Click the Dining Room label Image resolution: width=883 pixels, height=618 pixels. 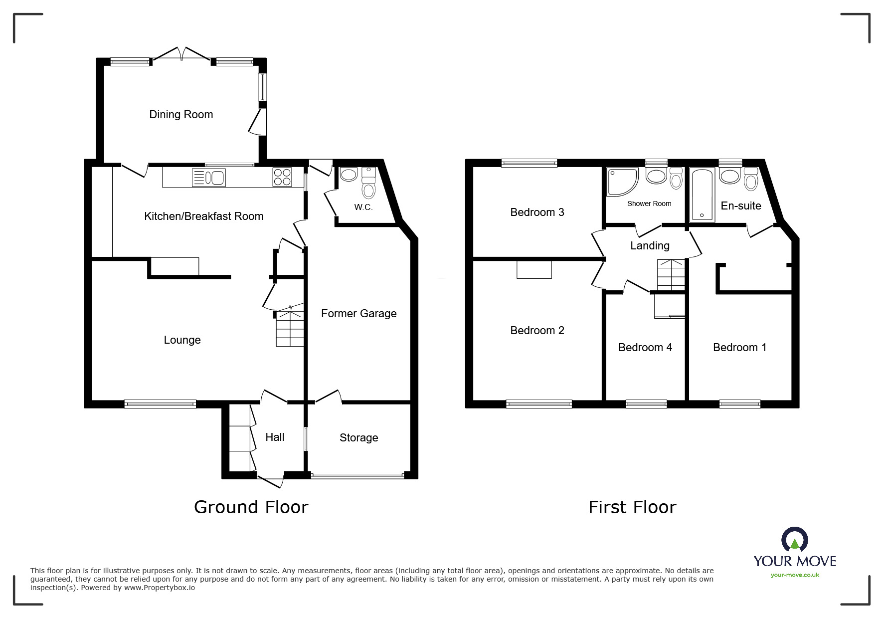181,115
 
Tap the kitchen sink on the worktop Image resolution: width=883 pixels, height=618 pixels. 209,178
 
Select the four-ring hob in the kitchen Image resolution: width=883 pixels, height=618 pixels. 282,178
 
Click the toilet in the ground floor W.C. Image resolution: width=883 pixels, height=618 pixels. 368,188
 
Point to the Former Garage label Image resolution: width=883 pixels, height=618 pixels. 358,314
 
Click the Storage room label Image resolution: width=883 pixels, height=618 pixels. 358,438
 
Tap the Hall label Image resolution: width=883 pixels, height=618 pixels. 275,437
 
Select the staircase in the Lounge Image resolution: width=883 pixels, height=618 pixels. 290,329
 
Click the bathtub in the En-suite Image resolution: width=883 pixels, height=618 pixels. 702,195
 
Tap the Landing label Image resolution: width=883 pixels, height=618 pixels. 650,246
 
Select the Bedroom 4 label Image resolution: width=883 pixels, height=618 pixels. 645,348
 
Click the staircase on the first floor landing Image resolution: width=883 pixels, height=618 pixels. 671,275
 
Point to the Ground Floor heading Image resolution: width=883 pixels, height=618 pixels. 251,507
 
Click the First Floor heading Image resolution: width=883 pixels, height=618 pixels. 632,507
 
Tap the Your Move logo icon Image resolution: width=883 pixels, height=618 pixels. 794,541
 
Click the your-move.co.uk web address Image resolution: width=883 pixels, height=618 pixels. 795,575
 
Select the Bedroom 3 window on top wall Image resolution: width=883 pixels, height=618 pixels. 529,163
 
